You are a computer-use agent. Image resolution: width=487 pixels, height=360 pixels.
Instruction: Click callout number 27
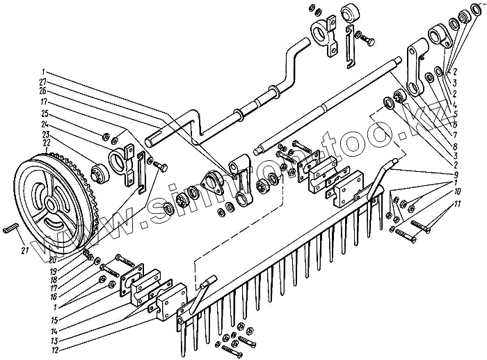pyautogui.click(x=43, y=81)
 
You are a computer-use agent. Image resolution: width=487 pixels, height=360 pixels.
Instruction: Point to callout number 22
pyautogui.click(x=46, y=142)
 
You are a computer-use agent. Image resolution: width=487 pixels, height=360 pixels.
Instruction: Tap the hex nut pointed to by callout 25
pyautogui.click(x=104, y=134)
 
